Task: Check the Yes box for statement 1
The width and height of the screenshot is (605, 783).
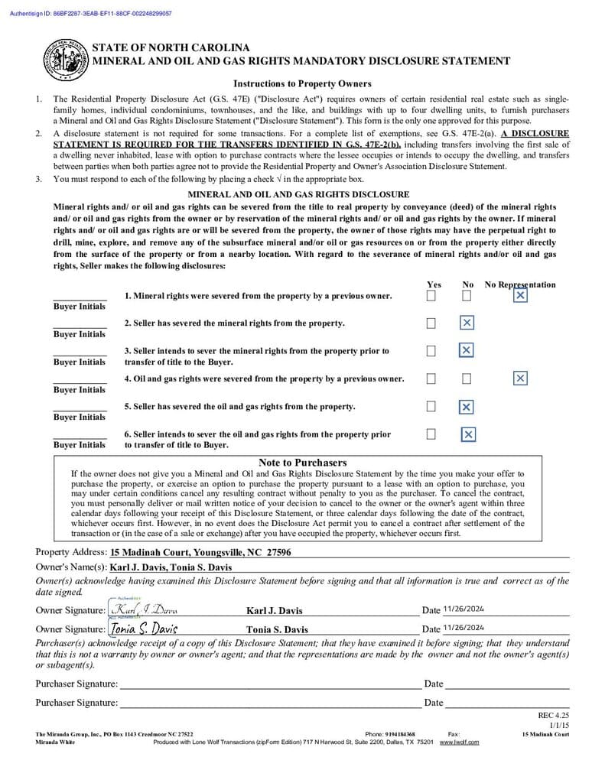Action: click(431, 296)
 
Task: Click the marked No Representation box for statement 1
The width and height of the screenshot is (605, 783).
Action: click(520, 295)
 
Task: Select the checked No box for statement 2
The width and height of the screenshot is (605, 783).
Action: click(467, 323)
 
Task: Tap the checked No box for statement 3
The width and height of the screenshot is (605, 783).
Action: click(466, 350)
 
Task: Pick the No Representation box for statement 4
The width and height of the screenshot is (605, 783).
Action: click(520, 379)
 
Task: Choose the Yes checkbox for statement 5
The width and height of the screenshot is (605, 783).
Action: click(431, 406)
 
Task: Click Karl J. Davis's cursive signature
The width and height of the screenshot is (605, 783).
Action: click(145, 609)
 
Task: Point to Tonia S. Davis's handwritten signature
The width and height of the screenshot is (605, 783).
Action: click(144, 629)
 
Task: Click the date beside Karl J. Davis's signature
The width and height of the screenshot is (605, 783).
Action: click(464, 609)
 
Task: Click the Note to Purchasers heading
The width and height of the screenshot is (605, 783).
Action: click(302, 463)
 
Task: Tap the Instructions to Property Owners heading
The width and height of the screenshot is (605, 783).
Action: click(302, 84)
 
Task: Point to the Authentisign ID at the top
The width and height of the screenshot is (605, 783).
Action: click(91, 14)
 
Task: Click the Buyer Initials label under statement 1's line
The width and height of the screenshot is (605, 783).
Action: click(80, 307)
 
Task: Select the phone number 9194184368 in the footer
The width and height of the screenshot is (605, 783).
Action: click(400, 734)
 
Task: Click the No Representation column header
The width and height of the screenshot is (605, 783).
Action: click(520, 284)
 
